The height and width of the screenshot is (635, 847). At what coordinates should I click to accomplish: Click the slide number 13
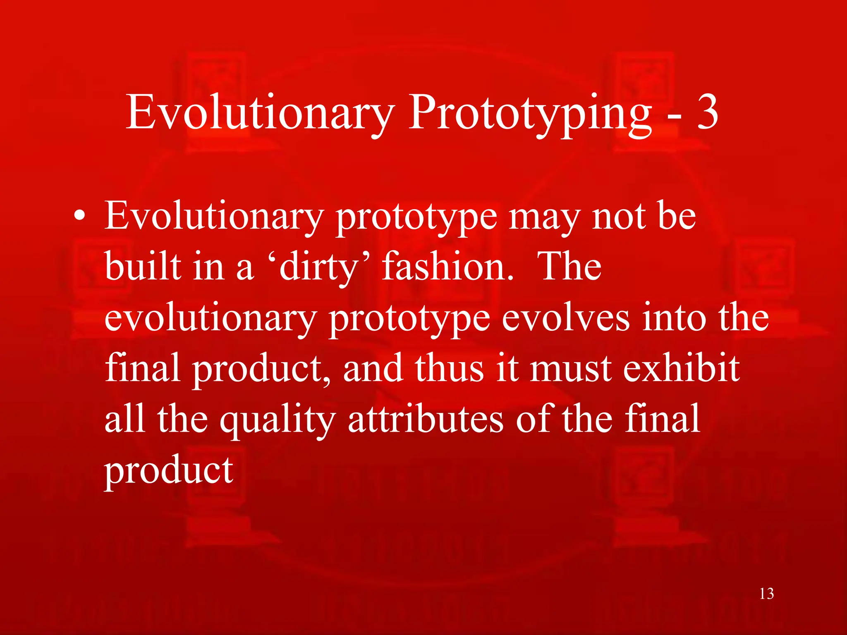(766, 594)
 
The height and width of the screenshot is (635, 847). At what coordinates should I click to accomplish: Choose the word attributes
(426, 419)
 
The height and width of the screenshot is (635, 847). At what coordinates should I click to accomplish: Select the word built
(143, 267)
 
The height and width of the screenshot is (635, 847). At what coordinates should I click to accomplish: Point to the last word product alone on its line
(169, 471)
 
